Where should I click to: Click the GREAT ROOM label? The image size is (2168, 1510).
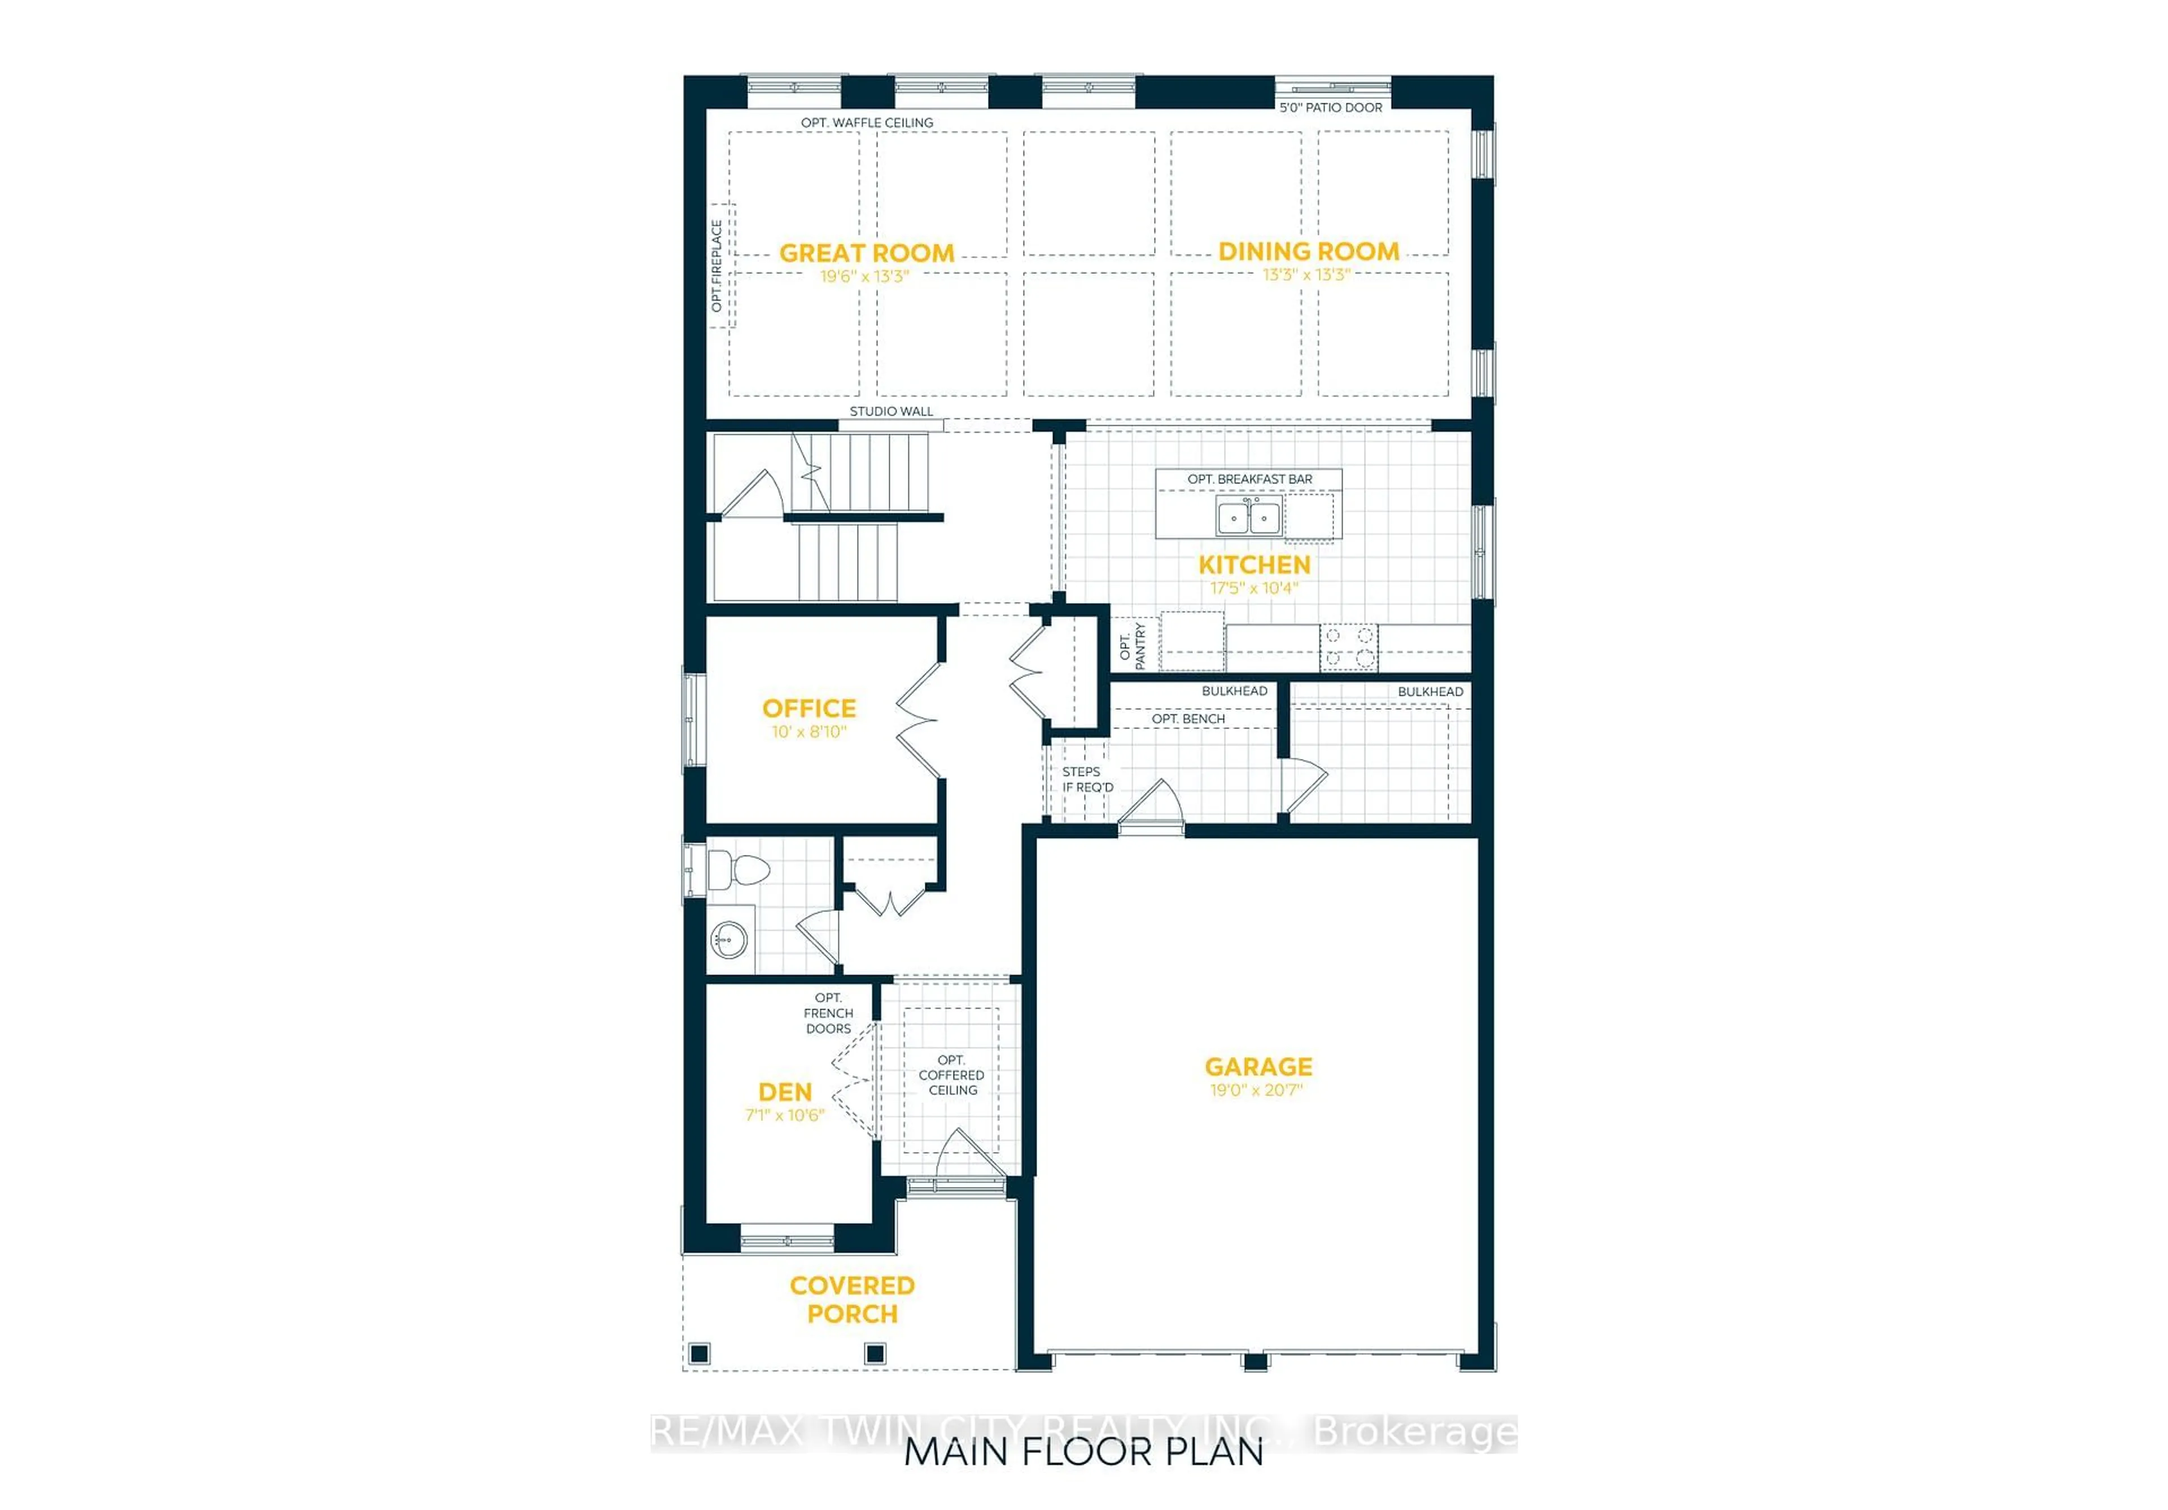(866, 253)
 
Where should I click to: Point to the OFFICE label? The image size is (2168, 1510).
(809, 708)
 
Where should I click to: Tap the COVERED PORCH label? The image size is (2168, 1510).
(852, 1299)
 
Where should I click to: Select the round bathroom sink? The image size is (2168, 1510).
(729, 940)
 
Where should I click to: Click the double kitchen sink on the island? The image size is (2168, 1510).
(1248, 517)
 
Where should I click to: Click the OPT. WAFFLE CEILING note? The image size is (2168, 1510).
(867, 123)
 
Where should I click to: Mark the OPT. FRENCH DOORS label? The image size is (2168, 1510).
(828, 1013)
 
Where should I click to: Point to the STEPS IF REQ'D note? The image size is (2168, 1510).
(1088, 780)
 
